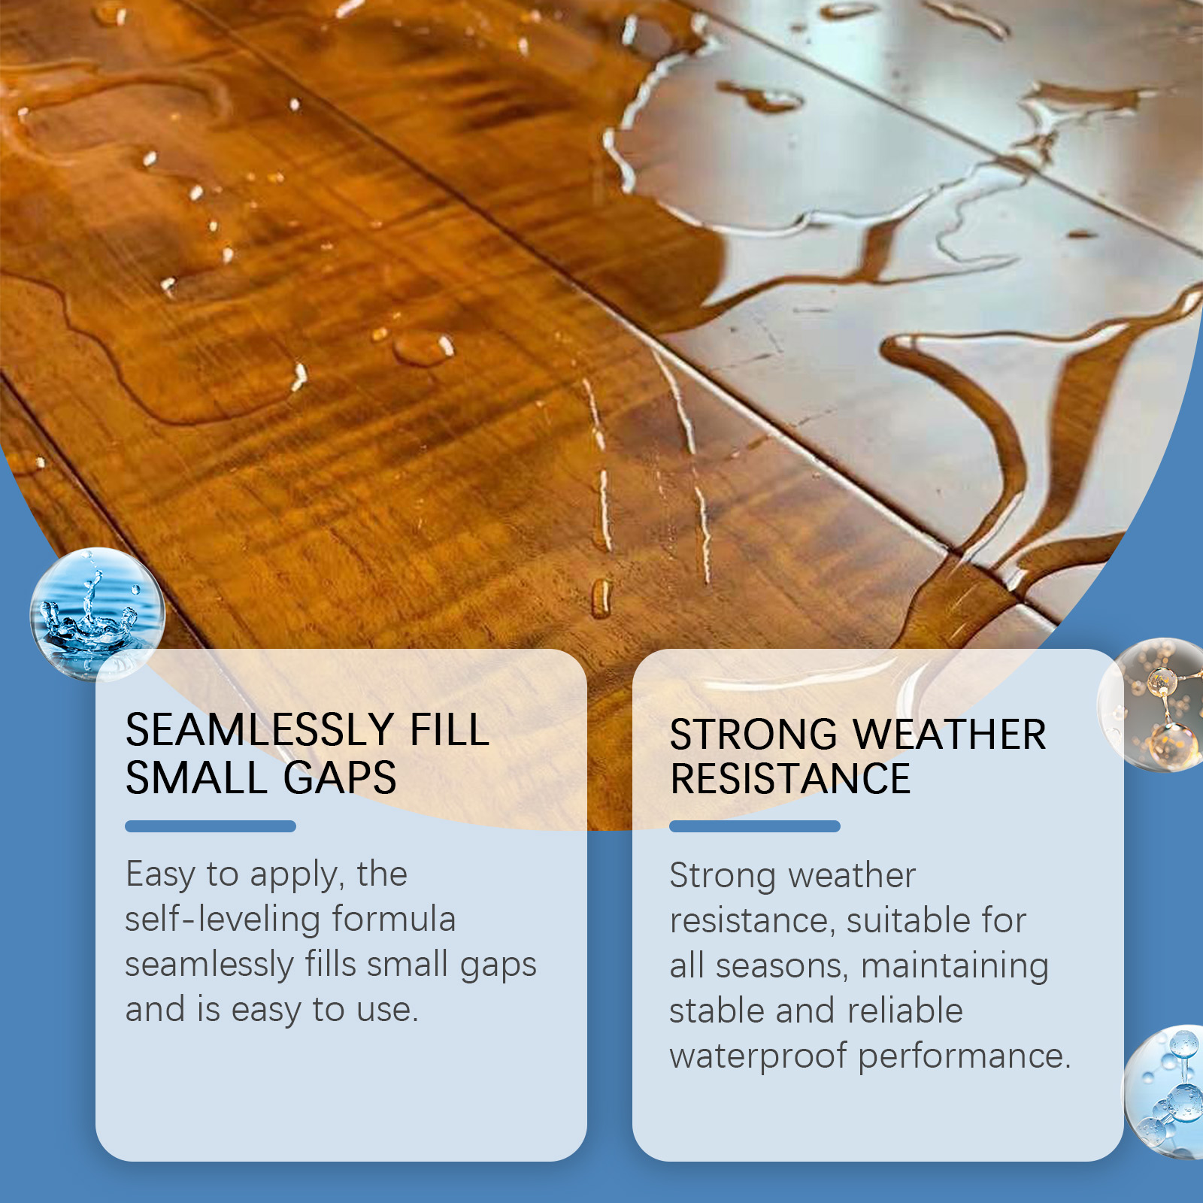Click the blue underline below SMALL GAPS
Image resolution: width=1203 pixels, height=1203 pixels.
[211, 826]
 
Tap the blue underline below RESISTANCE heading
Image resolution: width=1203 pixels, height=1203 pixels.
[755, 826]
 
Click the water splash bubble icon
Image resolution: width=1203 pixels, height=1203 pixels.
[97, 614]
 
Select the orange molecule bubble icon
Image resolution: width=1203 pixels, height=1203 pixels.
[1153, 705]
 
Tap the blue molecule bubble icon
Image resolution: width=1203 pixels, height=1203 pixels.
[1165, 1092]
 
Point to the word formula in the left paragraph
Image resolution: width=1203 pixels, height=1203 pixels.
[394, 919]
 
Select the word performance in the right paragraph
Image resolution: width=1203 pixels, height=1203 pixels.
[965, 1056]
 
